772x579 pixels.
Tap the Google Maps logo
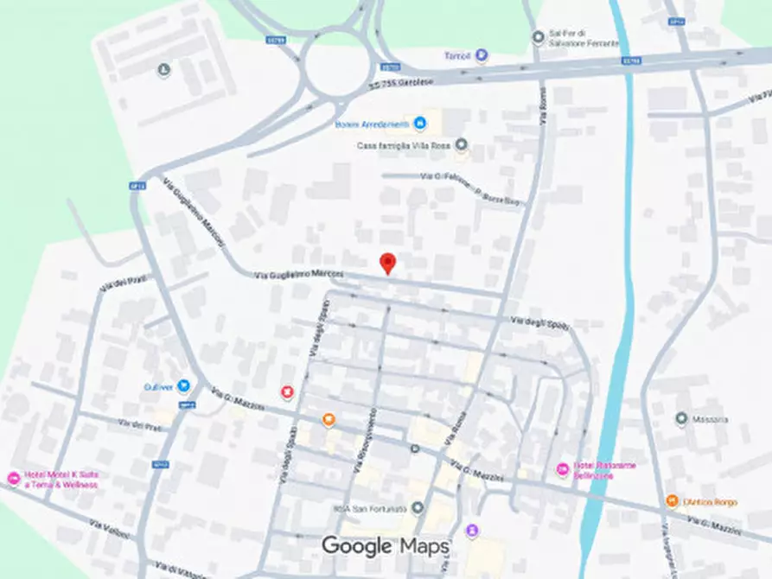[386, 545]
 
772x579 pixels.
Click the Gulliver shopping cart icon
[182, 386]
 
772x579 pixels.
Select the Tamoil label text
[457, 56]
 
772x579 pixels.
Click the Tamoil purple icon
[482, 56]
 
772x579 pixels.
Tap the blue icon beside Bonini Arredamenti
[420, 124]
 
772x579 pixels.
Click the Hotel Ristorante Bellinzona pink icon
[563, 469]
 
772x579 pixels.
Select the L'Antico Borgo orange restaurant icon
[672, 501]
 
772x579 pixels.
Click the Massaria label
[710, 419]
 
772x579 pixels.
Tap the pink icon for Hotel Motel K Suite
[13, 479]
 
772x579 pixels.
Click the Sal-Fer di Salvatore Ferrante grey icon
[539, 36]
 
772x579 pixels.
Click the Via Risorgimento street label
[361, 445]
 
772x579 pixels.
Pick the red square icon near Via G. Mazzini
[287, 393]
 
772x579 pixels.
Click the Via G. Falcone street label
[439, 176]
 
